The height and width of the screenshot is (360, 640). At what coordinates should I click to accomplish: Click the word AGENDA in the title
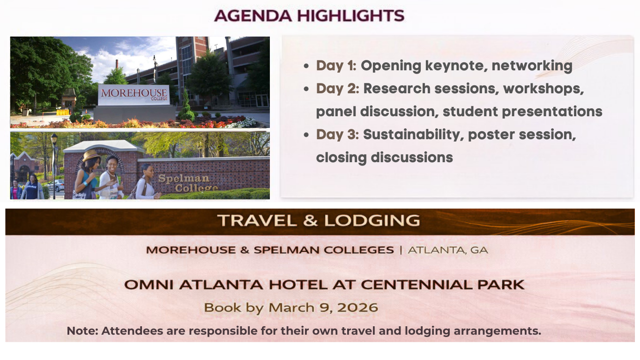click(253, 16)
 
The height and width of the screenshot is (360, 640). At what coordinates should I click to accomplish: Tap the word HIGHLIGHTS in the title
click(351, 16)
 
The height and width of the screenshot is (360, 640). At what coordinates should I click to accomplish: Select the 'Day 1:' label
click(336, 66)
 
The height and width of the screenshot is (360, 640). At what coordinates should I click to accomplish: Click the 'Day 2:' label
click(337, 88)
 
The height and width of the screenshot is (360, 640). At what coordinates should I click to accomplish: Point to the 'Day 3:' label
click(337, 135)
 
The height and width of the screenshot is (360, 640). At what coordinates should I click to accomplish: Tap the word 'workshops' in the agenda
click(543, 89)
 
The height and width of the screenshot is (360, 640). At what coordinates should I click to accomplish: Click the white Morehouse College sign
click(134, 95)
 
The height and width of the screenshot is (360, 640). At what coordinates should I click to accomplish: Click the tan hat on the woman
click(91, 155)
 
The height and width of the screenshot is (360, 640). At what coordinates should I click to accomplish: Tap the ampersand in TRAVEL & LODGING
click(310, 220)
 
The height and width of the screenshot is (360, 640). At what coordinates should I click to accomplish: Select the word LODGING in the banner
click(372, 220)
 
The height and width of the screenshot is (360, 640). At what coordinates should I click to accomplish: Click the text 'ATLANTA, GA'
click(448, 250)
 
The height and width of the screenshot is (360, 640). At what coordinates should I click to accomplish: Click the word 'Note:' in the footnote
click(82, 331)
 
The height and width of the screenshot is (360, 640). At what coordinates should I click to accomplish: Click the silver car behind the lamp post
click(57, 186)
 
